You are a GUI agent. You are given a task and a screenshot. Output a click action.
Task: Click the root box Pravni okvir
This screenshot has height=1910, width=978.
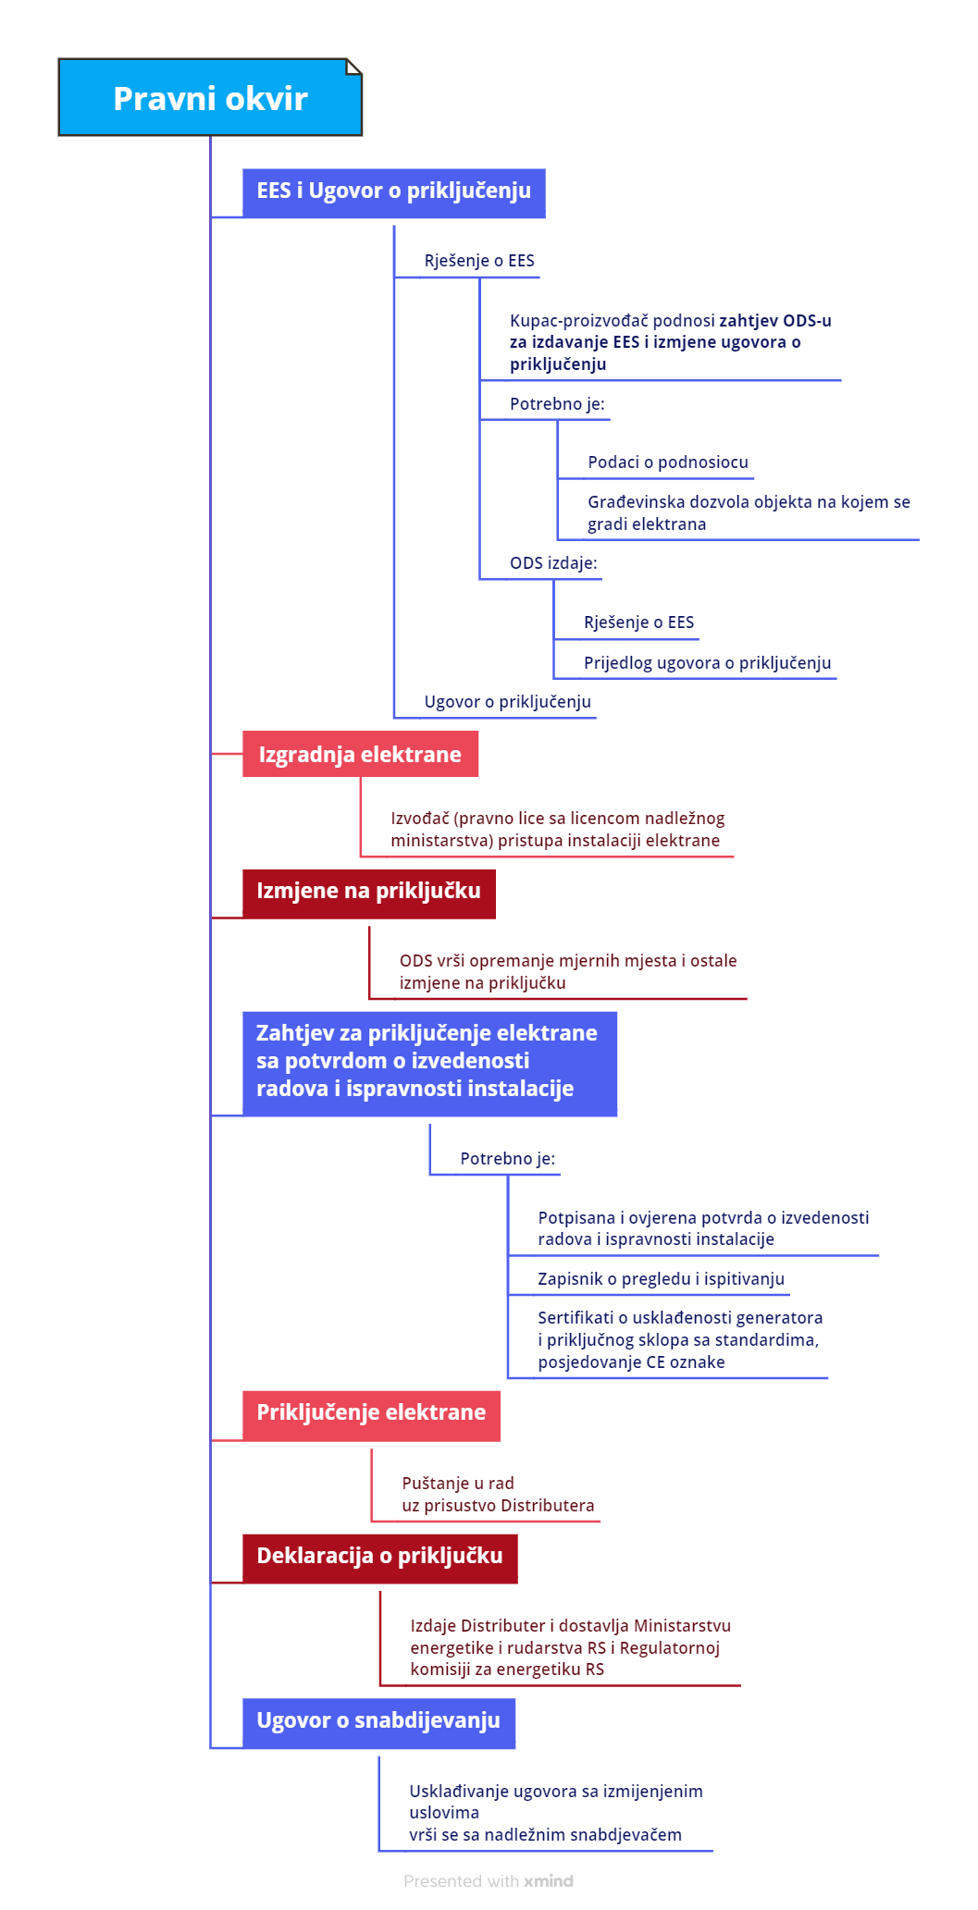point(210,97)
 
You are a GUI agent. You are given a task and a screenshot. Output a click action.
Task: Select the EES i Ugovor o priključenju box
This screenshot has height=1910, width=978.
point(393,192)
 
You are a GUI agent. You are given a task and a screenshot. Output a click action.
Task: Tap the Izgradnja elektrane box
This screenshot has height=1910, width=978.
point(360,754)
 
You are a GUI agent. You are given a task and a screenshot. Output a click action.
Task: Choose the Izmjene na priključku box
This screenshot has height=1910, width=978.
point(368,893)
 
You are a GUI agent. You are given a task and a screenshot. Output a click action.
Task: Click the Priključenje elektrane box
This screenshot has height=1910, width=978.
point(371,1415)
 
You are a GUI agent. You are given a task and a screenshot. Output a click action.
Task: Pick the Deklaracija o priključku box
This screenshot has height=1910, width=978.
point(379,1558)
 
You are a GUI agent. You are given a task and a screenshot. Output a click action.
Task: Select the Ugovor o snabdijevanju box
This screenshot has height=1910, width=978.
point(378,1722)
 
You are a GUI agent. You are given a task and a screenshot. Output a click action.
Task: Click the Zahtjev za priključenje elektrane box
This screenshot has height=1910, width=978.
point(429,1063)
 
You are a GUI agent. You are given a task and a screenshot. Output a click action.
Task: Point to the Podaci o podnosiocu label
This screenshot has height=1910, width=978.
point(668,462)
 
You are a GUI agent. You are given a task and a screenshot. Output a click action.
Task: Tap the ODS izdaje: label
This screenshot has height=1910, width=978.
point(553,563)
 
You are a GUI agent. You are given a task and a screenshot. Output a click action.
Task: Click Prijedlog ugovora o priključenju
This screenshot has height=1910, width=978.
point(707,663)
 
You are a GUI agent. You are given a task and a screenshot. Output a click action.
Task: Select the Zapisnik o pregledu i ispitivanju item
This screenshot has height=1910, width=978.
point(661,1279)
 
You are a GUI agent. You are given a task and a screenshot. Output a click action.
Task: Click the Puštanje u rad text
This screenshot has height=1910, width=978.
point(458,1484)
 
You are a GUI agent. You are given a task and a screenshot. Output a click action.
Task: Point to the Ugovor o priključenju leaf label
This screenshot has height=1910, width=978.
point(507,702)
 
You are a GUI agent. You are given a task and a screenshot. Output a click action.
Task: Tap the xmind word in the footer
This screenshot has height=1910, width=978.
point(549,1881)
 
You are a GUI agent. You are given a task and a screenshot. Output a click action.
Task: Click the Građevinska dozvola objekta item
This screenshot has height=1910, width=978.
point(749,513)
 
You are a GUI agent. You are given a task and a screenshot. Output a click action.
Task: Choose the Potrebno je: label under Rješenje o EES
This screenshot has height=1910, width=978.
point(557,404)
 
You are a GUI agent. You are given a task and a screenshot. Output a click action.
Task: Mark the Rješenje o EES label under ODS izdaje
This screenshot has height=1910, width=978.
point(638,622)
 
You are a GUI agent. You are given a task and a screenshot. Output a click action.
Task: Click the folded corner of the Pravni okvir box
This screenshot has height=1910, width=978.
point(353,67)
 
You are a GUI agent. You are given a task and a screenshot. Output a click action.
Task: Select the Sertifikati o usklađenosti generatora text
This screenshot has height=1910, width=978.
point(680,1340)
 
